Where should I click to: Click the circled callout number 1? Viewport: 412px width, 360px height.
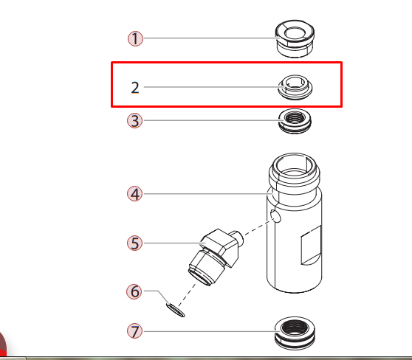coord(135,38)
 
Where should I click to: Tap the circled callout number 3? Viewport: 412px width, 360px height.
coord(134,121)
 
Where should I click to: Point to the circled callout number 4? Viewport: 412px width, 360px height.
coord(134,194)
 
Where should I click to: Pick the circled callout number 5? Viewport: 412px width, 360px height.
coord(134,243)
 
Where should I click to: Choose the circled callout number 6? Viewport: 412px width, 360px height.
coord(134,291)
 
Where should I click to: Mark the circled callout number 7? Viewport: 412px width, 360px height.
coord(134,330)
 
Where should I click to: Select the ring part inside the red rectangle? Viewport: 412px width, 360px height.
coord(295,88)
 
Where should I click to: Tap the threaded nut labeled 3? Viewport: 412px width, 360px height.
coord(297,121)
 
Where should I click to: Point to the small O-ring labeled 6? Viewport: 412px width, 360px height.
coord(174,308)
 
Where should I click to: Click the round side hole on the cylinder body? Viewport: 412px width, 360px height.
coord(275,216)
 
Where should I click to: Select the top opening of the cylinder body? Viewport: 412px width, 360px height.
coord(295,163)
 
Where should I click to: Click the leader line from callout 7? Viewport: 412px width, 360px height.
coord(207,330)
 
